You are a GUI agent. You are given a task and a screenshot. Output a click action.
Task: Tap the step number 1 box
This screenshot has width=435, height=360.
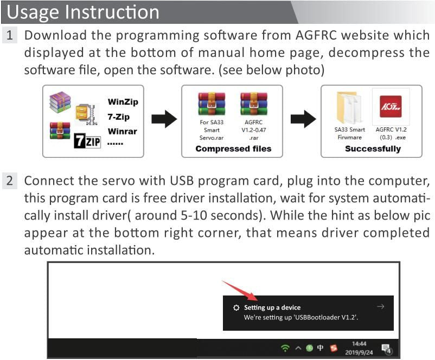pyautogui.click(x=10, y=36)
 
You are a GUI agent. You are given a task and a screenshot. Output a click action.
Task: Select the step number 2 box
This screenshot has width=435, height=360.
pyautogui.click(x=10, y=181)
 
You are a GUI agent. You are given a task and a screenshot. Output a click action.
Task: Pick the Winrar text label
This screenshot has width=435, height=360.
pyautogui.click(x=122, y=131)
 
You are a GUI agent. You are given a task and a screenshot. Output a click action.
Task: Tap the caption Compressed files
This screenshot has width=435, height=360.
pyautogui.click(x=233, y=149)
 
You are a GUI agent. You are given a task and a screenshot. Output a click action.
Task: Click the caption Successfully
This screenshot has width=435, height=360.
pyautogui.click(x=373, y=149)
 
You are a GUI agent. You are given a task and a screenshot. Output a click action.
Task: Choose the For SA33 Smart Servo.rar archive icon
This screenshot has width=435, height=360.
pyautogui.click(x=212, y=105)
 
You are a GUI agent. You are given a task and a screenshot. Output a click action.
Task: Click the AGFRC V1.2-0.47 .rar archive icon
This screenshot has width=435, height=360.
pyautogui.click(x=253, y=105)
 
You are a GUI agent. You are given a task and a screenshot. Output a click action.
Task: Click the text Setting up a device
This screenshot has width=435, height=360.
pyautogui.click(x=272, y=307)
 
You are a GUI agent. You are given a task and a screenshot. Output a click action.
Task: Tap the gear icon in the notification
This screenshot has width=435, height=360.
pyautogui.click(x=236, y=307)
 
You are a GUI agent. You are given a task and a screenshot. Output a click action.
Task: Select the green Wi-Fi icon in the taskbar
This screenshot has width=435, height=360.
pyautogui.click(x=285, y=348)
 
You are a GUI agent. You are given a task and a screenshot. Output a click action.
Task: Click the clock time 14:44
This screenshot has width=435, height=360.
pyautogui.click(x=359, y=344)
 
